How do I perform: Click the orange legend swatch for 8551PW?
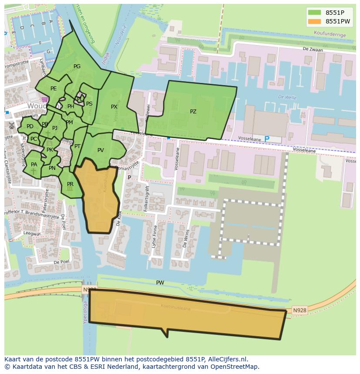coord(314,21)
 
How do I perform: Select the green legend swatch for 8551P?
coord(314,13)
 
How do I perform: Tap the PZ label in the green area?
coord(193,112)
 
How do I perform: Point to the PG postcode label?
coord(77,66)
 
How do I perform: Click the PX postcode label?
coord(114,107)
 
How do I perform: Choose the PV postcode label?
coord(100,150)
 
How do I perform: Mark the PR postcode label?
coord(70,184)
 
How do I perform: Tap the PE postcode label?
coord(53,89)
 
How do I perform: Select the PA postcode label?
coord(34,165)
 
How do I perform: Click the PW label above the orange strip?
coord(160,283)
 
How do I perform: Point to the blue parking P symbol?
coord(267,139)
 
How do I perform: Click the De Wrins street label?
coord(186,238)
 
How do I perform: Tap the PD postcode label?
coord(30,127)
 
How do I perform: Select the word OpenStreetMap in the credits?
coord(235,367)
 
